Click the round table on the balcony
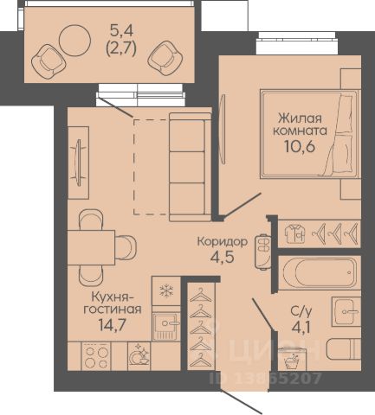pos(74,41)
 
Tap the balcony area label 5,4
pos(121,30)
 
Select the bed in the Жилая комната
pos(310,134)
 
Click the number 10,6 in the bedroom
pos(300,147)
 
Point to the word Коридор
pos(223,241)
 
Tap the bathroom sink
pos(346,311)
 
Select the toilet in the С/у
pos(344,348)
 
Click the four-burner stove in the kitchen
pos(97,356)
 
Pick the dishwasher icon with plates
pos(139,356)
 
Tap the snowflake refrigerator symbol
pos(166,290)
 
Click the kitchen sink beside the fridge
pos(165,327)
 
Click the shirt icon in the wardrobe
pos(294,233)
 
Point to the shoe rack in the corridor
pos(263,252)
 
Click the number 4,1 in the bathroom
pos(301,328)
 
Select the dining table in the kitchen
pos(91,247)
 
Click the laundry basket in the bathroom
pos(292,359)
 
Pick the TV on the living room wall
pos(78,163)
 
